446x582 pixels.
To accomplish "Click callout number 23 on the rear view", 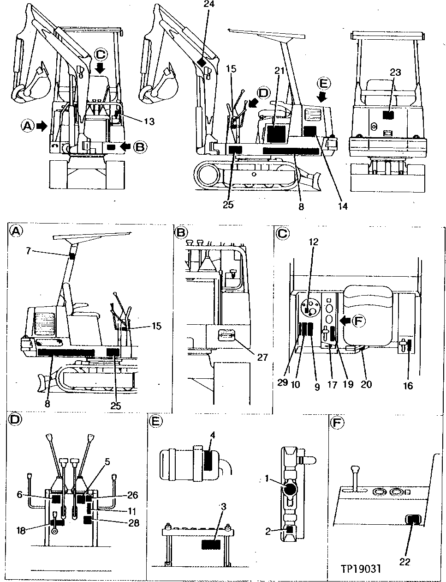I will pyautogui.click(x=395, y=73).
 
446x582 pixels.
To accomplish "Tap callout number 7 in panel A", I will pyautogui.click(x=29, y=251).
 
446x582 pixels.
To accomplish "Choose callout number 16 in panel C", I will pyautogui.click(x=407, y=386).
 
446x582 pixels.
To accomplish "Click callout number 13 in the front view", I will pyautogui.click(x=149, y=121).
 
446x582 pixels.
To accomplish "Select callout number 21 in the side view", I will pyautogui.click(x=279, y=70).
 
